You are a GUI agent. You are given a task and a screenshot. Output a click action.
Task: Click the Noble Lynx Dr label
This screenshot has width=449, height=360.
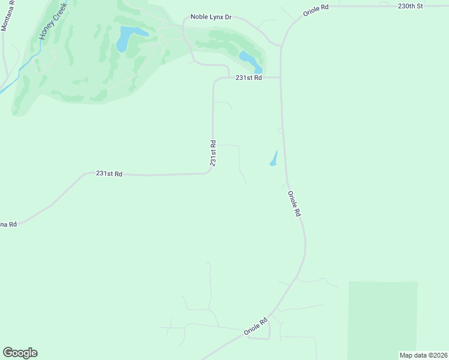[211, 17]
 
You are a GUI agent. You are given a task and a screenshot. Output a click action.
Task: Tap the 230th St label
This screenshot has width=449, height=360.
[410, 6]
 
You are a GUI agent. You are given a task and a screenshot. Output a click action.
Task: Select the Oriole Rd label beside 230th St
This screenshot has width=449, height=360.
[316, 10]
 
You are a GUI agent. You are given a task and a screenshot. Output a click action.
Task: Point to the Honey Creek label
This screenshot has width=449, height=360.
[51, 24]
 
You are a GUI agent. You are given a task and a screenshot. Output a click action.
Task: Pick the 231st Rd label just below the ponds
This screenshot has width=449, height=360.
[249, 78]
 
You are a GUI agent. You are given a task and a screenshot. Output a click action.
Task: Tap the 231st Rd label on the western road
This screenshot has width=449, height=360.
[109, 173]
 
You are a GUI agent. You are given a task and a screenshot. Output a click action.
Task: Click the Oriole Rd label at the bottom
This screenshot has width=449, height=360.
[255, 327]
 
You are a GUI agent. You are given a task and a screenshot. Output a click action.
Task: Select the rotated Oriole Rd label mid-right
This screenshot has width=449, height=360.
[294, 203]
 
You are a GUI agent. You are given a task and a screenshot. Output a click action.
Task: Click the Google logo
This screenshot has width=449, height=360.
[20, 353]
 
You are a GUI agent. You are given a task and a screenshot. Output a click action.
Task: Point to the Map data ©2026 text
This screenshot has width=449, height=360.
[423, 355]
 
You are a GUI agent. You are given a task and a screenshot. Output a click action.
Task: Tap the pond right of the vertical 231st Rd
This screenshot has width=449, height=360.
[274, 159]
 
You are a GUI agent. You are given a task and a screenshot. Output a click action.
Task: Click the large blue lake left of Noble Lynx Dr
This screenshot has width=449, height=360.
[127, 37]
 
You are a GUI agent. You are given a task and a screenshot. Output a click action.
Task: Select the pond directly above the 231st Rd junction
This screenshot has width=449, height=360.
[250, 60]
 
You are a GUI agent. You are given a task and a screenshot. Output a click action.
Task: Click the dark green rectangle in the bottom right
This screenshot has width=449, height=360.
[382, 318]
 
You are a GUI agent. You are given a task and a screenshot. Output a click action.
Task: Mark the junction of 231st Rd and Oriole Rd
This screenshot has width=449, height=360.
[280, 77]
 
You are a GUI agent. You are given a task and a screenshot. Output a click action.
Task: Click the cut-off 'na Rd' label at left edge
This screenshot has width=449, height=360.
[8, 224]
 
